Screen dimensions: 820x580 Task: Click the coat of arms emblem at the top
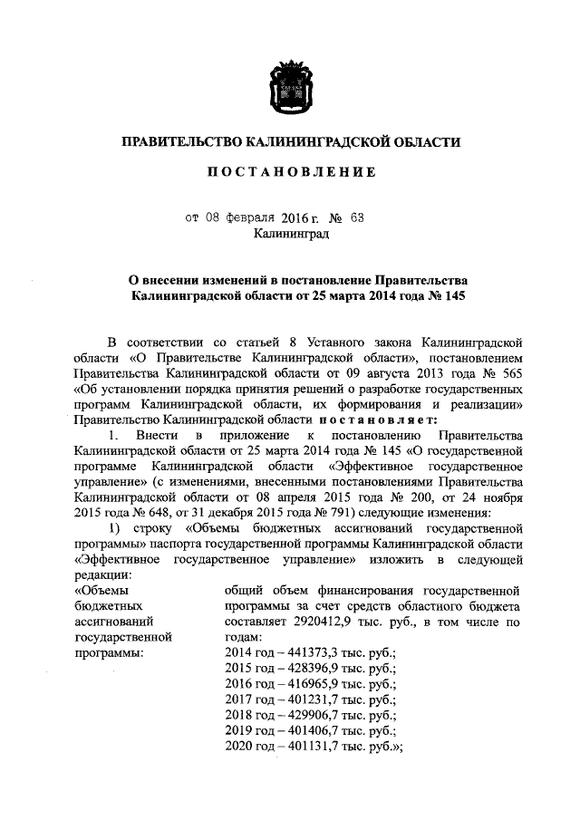tap(290, 85)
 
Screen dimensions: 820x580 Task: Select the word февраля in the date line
tap(239, 218)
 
